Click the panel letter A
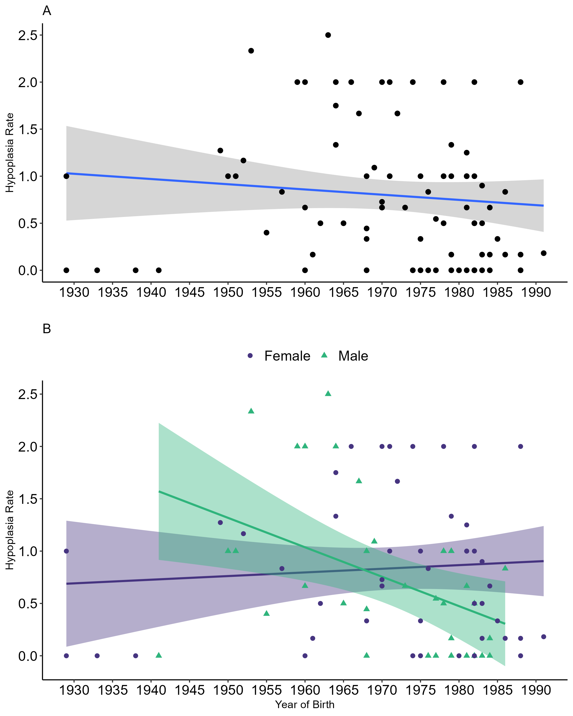point(47,11)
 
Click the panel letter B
point(47,329)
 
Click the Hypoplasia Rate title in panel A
point(10,153)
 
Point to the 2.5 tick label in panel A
point(28,35)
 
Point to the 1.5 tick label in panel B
point(28,499)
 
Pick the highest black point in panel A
point(328,35)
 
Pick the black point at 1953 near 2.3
point(251,51)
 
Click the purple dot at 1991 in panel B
point(543,637)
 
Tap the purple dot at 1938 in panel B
point(136,656)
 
